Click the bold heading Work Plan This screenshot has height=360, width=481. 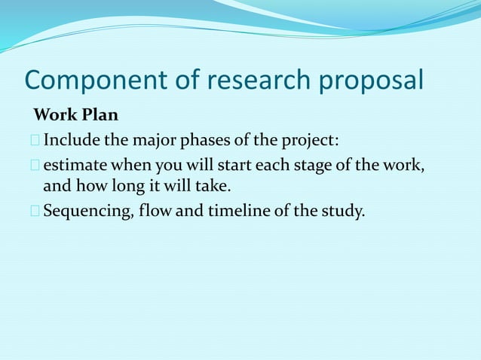[x=75, y=117]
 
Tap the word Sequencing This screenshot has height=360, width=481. [x=87, y=210]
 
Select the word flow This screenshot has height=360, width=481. [x=155, y=210]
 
